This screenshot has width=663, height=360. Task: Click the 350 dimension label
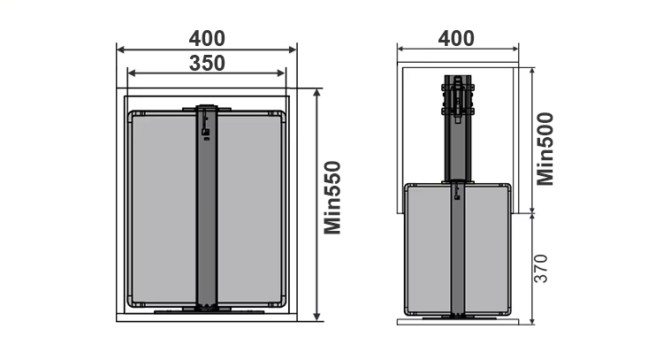pos(207,64)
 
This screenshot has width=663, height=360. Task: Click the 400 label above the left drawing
pos(207,39)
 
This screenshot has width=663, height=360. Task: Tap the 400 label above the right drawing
pos(456,39)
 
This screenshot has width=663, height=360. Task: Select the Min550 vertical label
pos(332,197)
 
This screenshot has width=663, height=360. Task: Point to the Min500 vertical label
pos(545,149)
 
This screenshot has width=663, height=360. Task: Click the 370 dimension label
pos(541,269)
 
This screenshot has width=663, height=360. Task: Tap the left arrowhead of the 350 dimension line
pos(132,73)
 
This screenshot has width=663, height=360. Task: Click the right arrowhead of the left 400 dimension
pos(293,50)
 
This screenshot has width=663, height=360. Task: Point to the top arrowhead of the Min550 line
pos(317,93)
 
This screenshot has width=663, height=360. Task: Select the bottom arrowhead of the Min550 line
pos(317,317)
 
